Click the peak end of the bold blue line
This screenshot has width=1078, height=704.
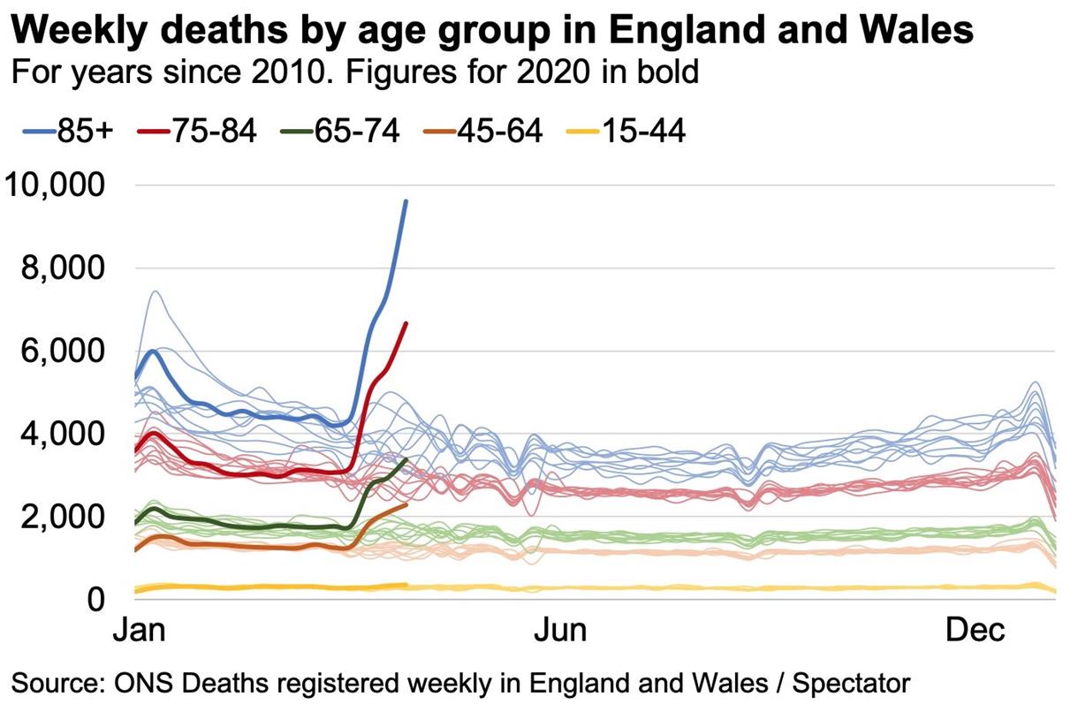pos(406,201)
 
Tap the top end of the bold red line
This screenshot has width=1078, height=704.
pos(406,323)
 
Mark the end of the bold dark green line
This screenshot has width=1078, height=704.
pos(406,459)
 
